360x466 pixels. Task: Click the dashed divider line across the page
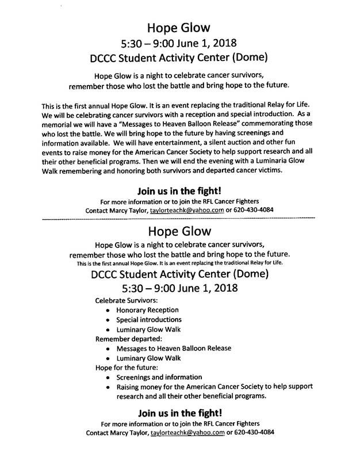coord(179,220)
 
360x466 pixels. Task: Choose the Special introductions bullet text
coord(149,319)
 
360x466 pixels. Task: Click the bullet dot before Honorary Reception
coord(109,311)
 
